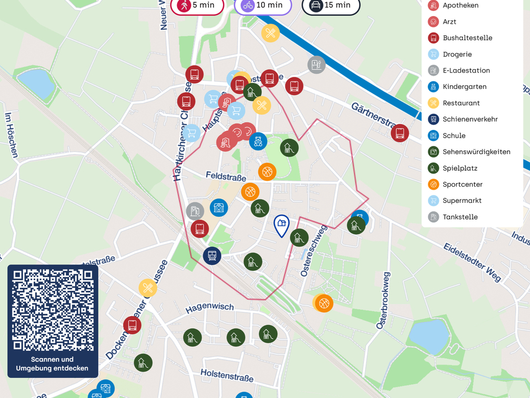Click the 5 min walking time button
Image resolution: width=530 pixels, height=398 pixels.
[x=197, y=6]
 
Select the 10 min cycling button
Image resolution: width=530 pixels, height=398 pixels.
[x=263, y=6]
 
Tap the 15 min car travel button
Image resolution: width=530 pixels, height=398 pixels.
[x=331, y=6]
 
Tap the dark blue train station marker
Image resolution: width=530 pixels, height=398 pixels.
[x=211, y=255]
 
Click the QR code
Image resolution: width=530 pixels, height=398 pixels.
[x=52, y=310]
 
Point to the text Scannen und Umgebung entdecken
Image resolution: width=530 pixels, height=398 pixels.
[x=52, y=364]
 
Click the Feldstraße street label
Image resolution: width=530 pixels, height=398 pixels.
[x=226, y=175]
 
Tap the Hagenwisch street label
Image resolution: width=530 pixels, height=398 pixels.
[x=209, y=307]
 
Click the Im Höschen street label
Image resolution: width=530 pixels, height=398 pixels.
[x=10, y=135]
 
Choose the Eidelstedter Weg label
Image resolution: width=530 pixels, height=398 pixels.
[x=473, y=261]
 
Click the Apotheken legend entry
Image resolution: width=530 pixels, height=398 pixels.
[x=460, y=6]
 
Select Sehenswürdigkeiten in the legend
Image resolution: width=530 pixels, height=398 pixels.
[x=476, y=152]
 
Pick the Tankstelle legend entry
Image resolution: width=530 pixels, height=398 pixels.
[x=460, y=217]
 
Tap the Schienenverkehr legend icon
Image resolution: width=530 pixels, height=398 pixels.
[x=433, y=119]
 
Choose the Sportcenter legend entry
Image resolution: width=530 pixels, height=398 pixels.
[x=462, y=185]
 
